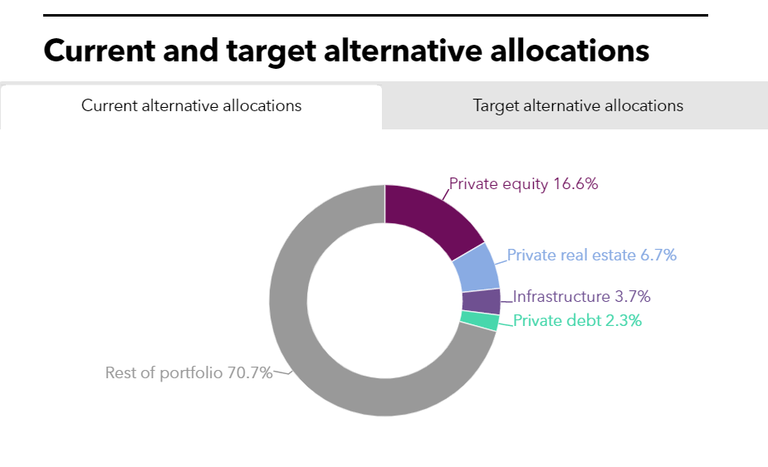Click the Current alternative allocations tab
pyautogui.click(x=191, y=106)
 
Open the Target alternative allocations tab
pyautogui.click(x=578, y=106)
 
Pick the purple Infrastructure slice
pyautogui.click(x=482, y=301)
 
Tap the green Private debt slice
pyautogui.click(x=480, y=321)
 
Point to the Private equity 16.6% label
pyautogui.click(x=523, y=184)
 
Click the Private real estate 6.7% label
pyautogui.click(x=592, y=255)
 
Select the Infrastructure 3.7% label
pyautogui.click(x=581, y=296)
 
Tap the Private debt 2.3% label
pyautogui.click(x=577, y=321)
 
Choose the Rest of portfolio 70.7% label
pyautogui.click(x=188, y=372)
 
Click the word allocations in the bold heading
pyautogui.click(x=567, y=51)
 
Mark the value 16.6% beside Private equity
pyautogui.click(x=575, y=184)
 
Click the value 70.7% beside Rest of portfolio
pyautogui.click(x=250, y=372)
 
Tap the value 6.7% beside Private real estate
pyautogui.click(x=658, y=255)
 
